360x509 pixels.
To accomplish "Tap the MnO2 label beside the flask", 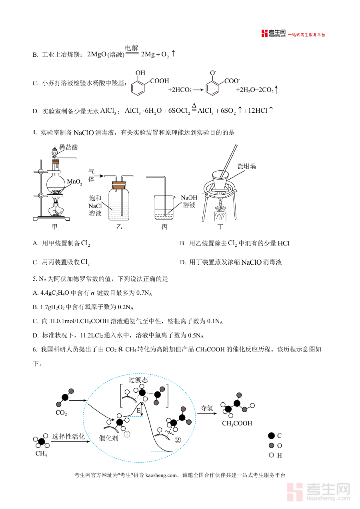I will [x=74, y=182].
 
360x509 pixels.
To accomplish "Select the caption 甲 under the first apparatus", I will [x=54, y=227].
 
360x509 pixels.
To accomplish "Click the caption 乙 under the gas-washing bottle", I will [x=119, y=227].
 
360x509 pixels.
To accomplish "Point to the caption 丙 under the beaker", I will [x=165, y=227].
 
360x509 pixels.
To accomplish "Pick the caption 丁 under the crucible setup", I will [x=220, y=227].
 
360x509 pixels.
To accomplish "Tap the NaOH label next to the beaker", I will [x=189, y=198].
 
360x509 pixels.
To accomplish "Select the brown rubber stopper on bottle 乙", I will [x=119, y=185].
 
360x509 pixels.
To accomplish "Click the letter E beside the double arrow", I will [x=138, y=411].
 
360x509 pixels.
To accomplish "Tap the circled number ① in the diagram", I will [x=127, y=434].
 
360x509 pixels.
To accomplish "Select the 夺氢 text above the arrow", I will [x=207, y=408].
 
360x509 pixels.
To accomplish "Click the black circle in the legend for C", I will [x=272, y=436].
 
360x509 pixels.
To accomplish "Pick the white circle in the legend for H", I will [x=271, y=455].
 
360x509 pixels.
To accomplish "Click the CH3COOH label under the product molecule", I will [x=237, y=423].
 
